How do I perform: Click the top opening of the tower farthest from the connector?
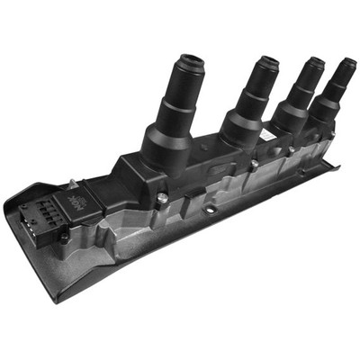(x=346, y=66)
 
